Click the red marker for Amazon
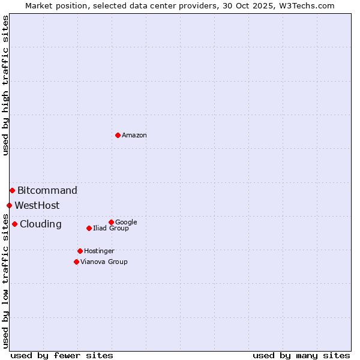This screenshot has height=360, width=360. [118, 135]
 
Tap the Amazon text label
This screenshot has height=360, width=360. [134, 136]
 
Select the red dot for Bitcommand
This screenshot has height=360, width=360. [12, 190]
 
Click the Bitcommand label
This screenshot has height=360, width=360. [47, 191]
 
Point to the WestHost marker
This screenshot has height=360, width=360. [9, 205]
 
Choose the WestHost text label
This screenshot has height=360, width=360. [37, 206]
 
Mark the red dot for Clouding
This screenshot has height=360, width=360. [14, 224]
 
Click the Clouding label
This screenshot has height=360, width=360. [41, 224]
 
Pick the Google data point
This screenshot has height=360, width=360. [111, 222]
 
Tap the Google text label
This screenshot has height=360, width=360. [126, 223]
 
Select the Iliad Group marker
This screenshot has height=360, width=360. [89, 228]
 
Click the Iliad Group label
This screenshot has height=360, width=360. [111, 229]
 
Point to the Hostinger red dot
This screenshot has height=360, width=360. [80, 251]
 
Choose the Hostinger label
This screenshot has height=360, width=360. [99, 251]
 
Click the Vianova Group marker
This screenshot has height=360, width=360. [76, 262]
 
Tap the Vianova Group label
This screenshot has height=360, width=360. [104, 262]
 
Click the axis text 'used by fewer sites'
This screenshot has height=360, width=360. [62, 356]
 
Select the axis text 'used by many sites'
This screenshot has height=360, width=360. [301, 356]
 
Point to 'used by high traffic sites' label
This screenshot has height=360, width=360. [5, 85]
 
